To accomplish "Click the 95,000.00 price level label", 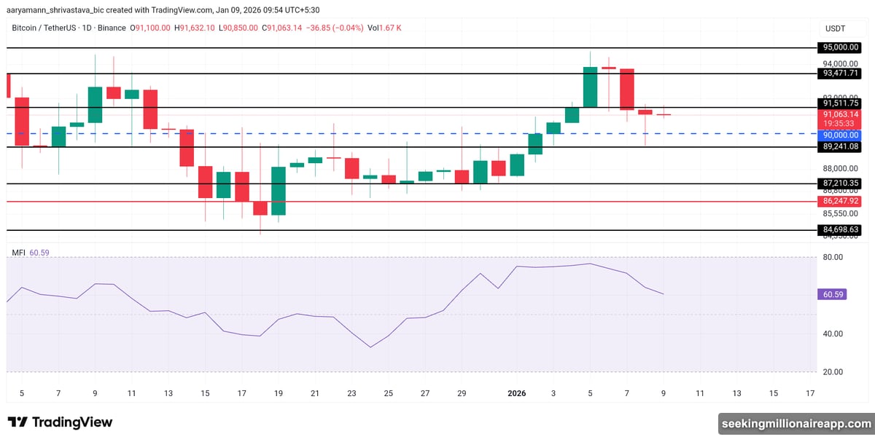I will pyautogui.click(x=840, y=47).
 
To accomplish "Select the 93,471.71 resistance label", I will pyautogui.click(x=840, y=74).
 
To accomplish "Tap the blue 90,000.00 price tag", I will pyautogui.click(x=840, y=135).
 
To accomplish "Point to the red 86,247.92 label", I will pyautogui.click(x=840, y=200).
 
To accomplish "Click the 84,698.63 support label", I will pyautogui.click(x=840, y=229).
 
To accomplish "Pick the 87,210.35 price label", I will pyautogui.click(x=840, y=183).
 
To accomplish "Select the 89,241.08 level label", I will pyautogui.click(x=840, y=146).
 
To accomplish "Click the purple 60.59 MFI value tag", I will pyautogui.click(x=833, y=294).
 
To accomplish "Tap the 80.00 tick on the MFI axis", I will pyautogui.click(x=833, y=257).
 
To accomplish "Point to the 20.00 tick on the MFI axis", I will pyautogui.click(x=833, y=372).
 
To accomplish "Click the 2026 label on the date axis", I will pyautogui.click(x=516, y=394).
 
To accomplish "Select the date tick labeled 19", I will pyautogui.click(x=278, y=394).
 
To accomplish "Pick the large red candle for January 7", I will pyautogui.click(x=626, y=89).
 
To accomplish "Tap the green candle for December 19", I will pyautogui.click(x=279, y=191).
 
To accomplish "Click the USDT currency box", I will pyautogui.click(x=835, y=28).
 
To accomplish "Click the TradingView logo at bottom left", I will pyautogui.click(x=60, y=422).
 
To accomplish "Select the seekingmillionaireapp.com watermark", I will pyautogui.click(x=796, y=423).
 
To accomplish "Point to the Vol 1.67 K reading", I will pyautogui.click(x=384, y=28).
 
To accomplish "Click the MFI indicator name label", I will pyautogui.click(x=18, y=253).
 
